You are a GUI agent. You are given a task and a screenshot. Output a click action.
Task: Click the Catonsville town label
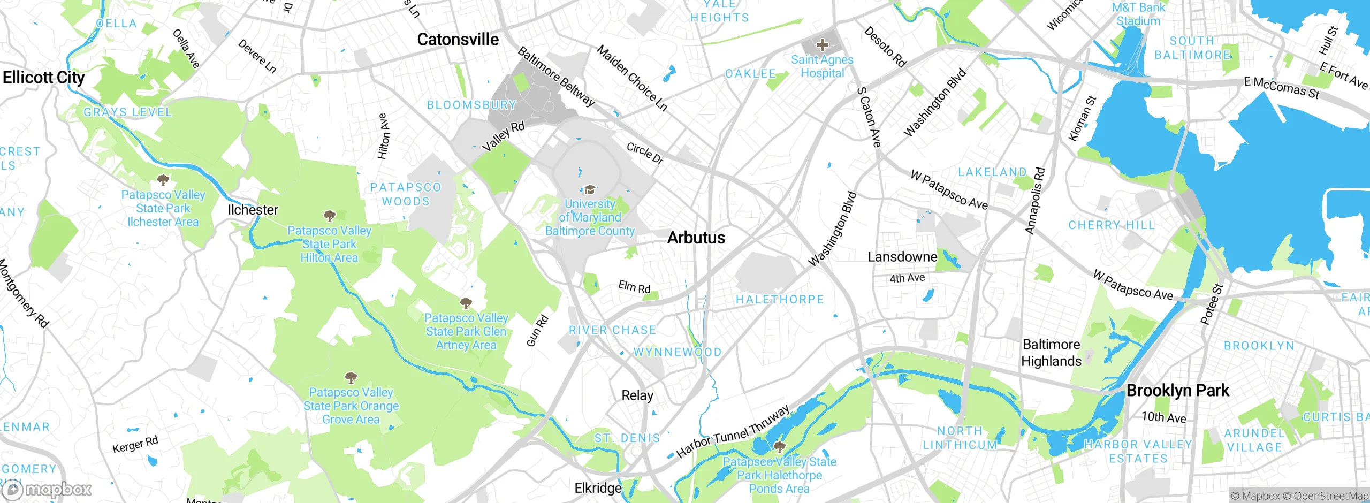pyautogui.click(x=458, y=40)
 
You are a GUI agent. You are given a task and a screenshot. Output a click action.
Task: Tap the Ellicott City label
pyautogui.click(x=43, y=78)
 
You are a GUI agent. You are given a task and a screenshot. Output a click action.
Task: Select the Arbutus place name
pyautogui.click(x=696, y=238)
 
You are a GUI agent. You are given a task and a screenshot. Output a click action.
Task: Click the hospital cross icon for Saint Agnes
pyautogui.click(x=823, y=45)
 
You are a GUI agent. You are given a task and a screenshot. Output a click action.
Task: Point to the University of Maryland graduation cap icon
pyautogui.click(x=590, y=189)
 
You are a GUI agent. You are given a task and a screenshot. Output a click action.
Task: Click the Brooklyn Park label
pyautogui.click(x=1177, y=391)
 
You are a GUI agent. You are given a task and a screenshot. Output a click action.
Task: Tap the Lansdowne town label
pyautogui.click(x=902, y=257)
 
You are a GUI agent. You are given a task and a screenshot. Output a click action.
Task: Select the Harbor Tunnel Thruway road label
pyautogui.click(x=733, y=432)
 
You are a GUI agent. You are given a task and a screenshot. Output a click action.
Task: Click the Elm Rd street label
pyautogui.click(x=634, y=287)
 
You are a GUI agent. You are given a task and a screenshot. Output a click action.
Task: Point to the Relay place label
pyautogui.click(x=637, y=395)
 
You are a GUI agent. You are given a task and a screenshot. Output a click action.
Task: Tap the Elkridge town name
pyautogui.click(x=598, y=488)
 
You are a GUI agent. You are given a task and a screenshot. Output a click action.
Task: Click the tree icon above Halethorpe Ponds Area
pyautogui.click(x=779, y=446)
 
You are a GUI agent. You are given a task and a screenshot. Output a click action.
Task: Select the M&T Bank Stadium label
pyautogui.click(x=1138, y=14)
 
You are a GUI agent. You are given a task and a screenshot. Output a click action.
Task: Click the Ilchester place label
pyautogui.click(x=253, y=210)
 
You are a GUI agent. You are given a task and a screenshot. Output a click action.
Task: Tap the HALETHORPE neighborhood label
pyautogui.click(x=780, y=300)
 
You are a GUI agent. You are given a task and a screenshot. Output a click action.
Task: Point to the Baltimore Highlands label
pyautogui.click(x=1051, y=353)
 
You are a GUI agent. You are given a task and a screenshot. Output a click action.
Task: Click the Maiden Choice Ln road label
pyautogui.click(x=632, y=78)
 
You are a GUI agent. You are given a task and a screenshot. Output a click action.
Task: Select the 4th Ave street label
pyautogui.click(x=907, y=278)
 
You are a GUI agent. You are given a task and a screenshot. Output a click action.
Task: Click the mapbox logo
pyautogui.click(x=47, y=490)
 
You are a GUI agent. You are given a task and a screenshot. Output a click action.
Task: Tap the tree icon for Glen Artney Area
pyautogui.click(x=466, y=303)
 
